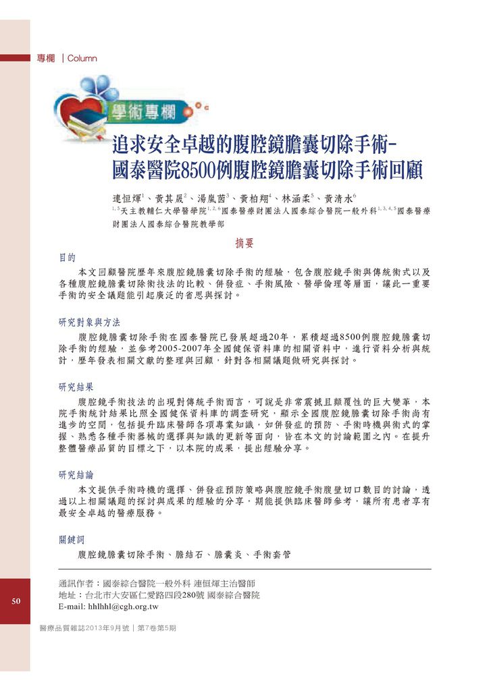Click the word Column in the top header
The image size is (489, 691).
pos(82,59)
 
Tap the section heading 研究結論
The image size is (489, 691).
pos(76,474)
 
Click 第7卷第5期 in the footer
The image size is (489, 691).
pos(157,628)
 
